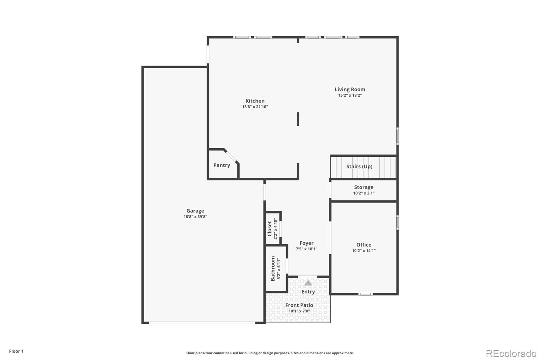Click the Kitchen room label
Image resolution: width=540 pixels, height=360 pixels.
pos(255,101)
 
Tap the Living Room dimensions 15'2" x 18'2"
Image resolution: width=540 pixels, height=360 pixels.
pos(350,95)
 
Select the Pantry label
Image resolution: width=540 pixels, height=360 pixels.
pos(221,165)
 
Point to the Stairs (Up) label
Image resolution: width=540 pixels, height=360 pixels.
pos(359,166)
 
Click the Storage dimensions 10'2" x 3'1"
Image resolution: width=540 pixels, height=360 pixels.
pos(364,193)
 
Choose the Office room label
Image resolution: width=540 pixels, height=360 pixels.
pos(364,245)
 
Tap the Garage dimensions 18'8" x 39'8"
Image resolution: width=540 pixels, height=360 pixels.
pos(195,217)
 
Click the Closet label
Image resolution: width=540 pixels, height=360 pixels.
pos(270,229)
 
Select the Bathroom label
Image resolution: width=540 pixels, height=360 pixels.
pos(273,268)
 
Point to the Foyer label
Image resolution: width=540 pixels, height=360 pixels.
pos(306,243)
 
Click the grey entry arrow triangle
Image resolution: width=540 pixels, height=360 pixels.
pos(308,283)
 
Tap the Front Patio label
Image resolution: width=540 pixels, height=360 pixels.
pos(299,305)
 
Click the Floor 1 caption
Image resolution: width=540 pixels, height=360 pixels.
pos(16,351)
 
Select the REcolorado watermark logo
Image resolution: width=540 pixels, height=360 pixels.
pos(511,354)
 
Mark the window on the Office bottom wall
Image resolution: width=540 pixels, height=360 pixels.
pos(366,294)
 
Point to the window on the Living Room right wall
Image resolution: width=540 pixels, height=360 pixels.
pos(398,136)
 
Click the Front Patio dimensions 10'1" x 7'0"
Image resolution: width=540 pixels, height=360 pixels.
pos(299,311)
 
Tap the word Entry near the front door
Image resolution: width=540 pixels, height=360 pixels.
pos(308,292)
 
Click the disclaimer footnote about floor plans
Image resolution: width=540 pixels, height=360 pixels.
pos(270,353)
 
